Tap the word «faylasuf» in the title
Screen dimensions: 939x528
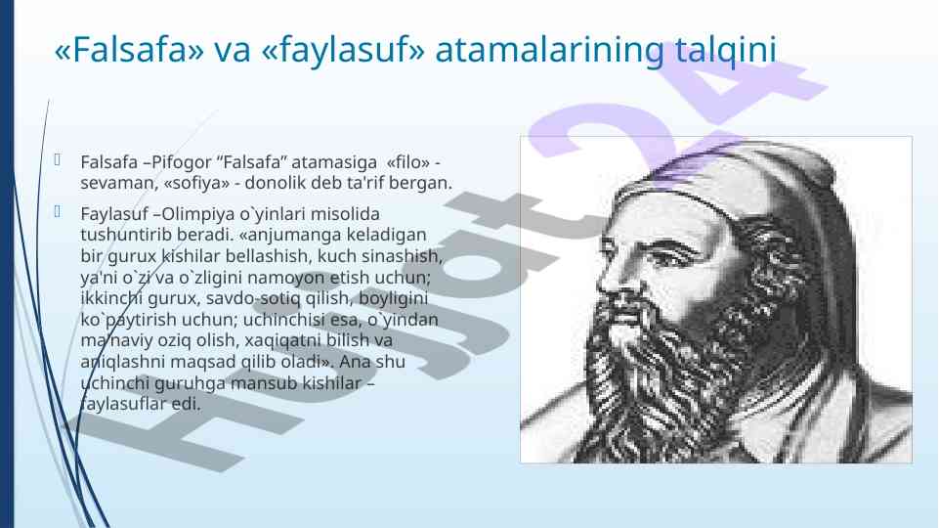point(343,50)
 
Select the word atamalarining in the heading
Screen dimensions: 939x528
point(550,50)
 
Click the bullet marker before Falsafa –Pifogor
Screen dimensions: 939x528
point(58,159)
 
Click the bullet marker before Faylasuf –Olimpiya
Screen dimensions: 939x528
point(58,211)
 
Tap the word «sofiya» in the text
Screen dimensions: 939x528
point(196,184)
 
